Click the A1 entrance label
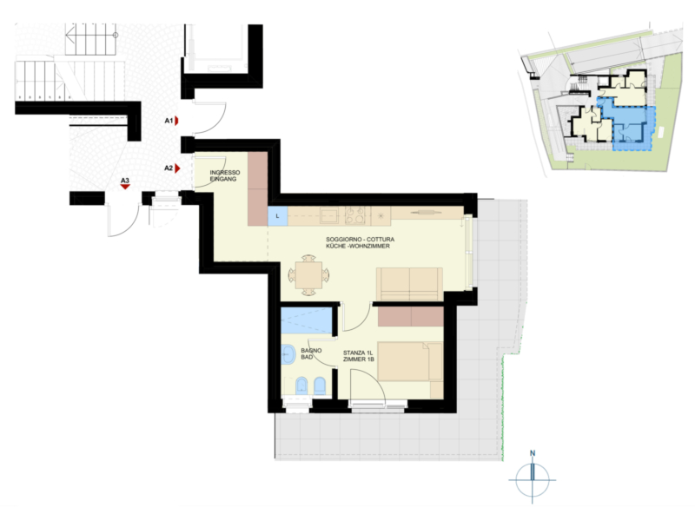pos(169,121)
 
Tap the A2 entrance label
pos(169,168)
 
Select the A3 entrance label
pos(125,181)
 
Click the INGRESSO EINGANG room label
pos(225,176)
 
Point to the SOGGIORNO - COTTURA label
pos(360,240)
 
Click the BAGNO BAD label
pos(311,353)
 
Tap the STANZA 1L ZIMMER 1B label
pos(358,356)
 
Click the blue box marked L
pos(278,216)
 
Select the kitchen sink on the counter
pos(329,215)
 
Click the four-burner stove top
pos(355,215)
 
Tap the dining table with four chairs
pos(308,275)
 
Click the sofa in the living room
pos(409,284)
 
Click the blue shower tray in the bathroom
pos(307,320)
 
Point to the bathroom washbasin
pos(288,355)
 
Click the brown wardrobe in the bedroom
pos(411,317)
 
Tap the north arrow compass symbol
pos(533,478)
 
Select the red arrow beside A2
pos(177,168)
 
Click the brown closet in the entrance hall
pos(257,188)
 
